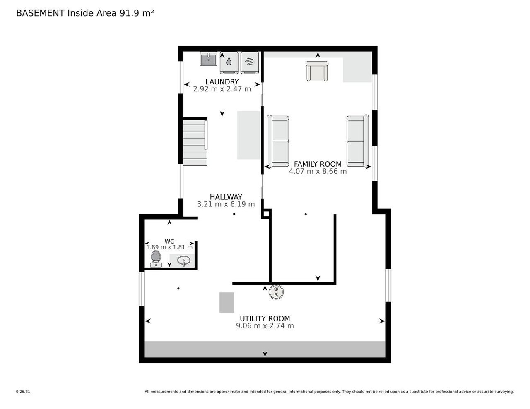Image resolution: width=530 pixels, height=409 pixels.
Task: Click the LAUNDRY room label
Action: (222, 82)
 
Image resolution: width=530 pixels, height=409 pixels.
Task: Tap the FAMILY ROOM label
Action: (318, 164)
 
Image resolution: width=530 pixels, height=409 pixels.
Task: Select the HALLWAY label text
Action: (226, 197)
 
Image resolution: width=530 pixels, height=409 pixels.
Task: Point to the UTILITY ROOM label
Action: (265, 318)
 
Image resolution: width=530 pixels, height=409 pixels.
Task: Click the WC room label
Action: (169, 242)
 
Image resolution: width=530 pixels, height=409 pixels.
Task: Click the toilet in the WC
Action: (156, 258)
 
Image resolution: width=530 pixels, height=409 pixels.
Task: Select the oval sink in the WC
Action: (184, 261)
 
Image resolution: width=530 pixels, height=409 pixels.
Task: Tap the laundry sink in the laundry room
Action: (208, 59)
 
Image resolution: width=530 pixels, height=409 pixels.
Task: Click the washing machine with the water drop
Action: (229, 62)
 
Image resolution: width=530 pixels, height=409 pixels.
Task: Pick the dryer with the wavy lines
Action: (250, 62)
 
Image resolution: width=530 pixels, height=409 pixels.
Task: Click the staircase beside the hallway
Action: (195, 142)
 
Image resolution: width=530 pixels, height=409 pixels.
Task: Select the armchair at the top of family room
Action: (317, 71)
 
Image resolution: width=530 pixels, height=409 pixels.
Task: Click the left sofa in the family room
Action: (278, 141)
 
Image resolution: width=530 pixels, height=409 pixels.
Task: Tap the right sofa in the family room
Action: (357, 141)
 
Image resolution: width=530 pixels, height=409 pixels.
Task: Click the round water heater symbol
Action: (276, 292)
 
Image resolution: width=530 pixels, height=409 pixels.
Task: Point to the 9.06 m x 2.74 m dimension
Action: (265, 326)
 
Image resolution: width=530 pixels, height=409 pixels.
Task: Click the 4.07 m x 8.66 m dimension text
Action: (318, 171)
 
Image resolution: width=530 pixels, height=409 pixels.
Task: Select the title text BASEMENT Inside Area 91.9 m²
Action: (85, 13)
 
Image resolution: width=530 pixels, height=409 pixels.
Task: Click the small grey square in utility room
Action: (226, 302)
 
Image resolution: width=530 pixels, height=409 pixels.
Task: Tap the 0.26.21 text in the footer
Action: (23, 392)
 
